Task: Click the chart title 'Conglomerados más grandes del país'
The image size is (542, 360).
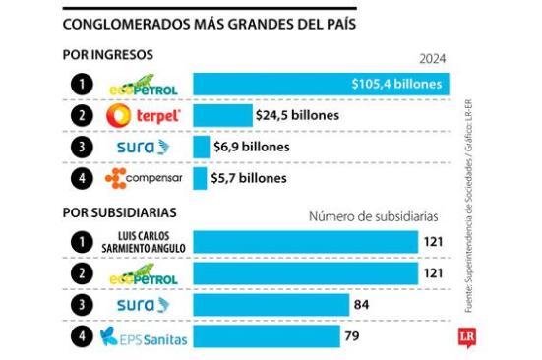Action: (x=209, y=22)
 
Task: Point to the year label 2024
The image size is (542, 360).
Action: (x=434, y=59)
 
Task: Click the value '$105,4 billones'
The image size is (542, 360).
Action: (x=395, y=85)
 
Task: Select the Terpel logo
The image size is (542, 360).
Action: (x=144, y=116)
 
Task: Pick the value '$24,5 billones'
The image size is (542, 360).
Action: (x=297, y=115)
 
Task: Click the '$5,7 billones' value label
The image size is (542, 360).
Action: (x=250, y=178)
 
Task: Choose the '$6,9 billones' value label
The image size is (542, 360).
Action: (x=252, y=147)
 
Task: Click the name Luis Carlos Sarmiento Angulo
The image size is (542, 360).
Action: (x=144, y=241)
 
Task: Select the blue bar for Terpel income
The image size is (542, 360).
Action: (x=221, y=115)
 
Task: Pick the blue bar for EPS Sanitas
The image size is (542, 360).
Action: (x=267, y=337)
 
